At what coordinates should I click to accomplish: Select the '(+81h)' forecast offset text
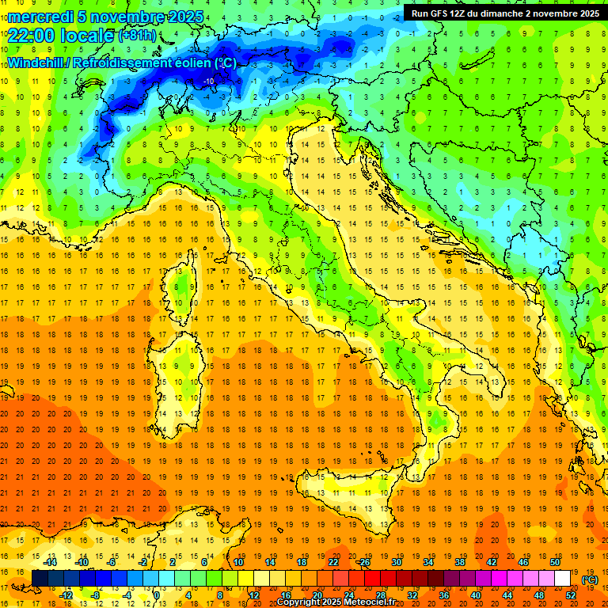coord(138,36)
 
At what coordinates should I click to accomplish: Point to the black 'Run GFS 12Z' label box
coord(504,13)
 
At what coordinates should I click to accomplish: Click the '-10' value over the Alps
coord(209,81)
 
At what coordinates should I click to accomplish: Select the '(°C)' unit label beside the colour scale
coord(590,579)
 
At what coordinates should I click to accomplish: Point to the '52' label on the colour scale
coord(571,595)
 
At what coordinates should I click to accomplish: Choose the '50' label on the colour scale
coord(555,562)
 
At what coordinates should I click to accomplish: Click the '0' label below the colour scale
coord(158,595)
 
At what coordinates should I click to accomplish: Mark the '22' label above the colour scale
coord(333,562)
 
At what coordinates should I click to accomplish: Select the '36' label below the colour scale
coord(444,595)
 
